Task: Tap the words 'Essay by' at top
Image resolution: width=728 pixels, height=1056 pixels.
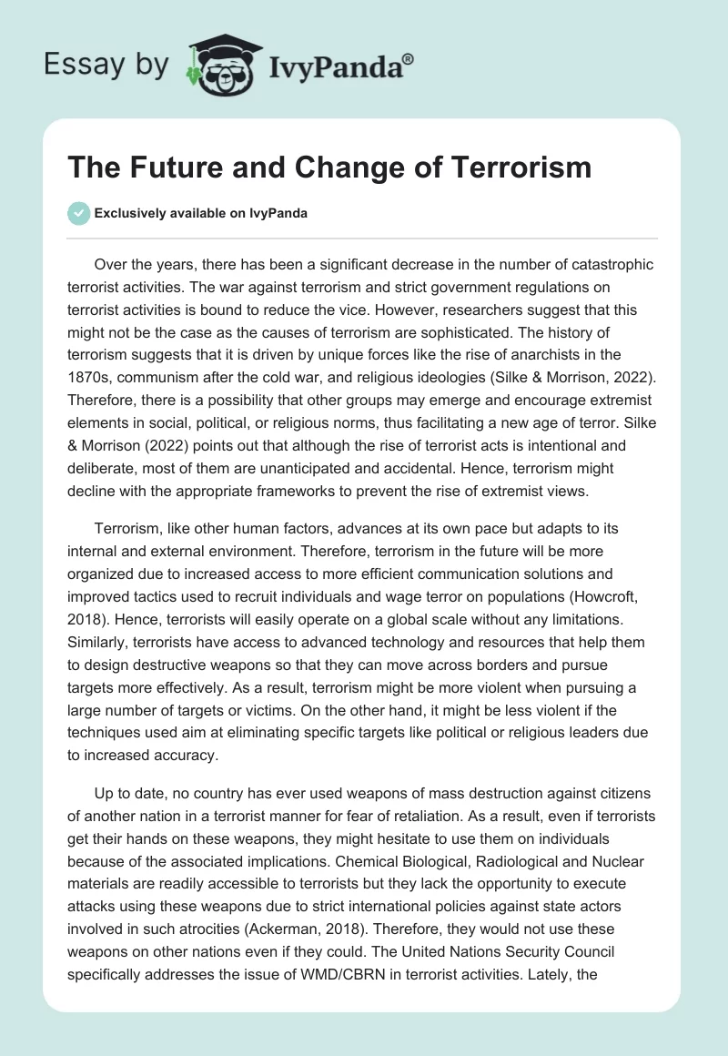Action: tap(108, 65)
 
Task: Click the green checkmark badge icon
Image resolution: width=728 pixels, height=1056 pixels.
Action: tap(78, 213)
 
